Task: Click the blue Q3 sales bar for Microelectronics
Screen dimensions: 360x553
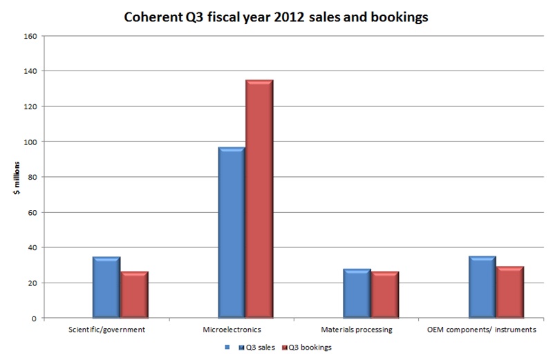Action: click(x=232, y=232)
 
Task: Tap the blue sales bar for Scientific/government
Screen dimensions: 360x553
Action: click(x=106, y=287)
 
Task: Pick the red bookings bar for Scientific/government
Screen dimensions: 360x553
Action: click(x=134, y=294)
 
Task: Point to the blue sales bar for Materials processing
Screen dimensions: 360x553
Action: click(x=357, y=293)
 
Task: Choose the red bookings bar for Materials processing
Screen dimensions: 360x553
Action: click(x=384, y=294)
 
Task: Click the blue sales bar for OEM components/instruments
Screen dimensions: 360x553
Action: click(x=482, y=287)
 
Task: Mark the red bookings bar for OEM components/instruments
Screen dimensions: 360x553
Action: click(x=509, y=292)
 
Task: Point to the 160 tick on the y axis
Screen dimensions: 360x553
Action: click(x=31, y=36)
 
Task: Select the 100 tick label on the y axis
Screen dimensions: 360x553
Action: click(x=31, y=142)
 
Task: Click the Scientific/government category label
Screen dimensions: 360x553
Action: click(x=107, y=330)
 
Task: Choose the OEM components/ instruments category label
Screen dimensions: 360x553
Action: click(x=482, y=330)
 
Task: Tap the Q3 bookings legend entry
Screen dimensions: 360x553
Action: click(x=309, y=347)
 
